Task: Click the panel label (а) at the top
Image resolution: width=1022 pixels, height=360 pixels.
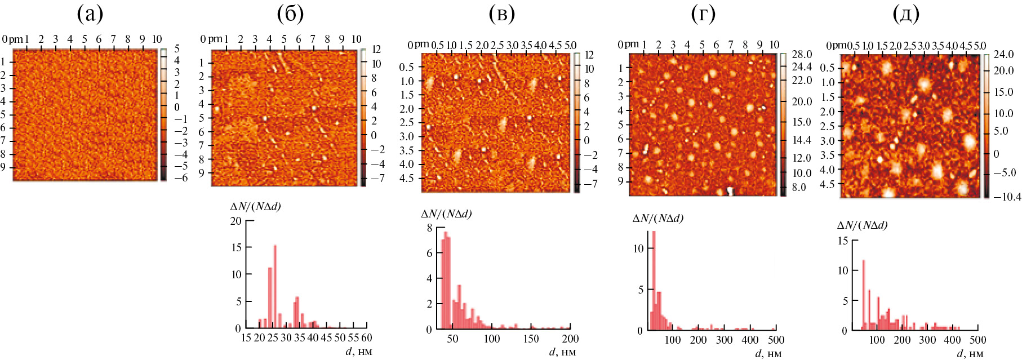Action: (x=90, y=16)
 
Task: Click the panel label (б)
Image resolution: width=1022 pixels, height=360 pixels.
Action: (x=291, y=16)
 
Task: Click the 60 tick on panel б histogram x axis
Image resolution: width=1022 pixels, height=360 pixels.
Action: (x=367, y=338)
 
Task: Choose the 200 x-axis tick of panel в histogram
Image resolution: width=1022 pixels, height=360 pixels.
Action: (x=570, y=339)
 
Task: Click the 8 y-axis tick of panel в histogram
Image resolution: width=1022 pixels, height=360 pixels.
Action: (x=430, y=228)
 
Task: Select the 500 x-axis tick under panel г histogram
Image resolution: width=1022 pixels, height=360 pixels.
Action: (x=775, y=340)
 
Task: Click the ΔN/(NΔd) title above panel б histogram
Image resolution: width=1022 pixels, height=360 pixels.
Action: (x=256, y=206)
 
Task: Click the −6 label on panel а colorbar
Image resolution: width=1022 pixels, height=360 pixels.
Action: (x=167, y=176)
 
